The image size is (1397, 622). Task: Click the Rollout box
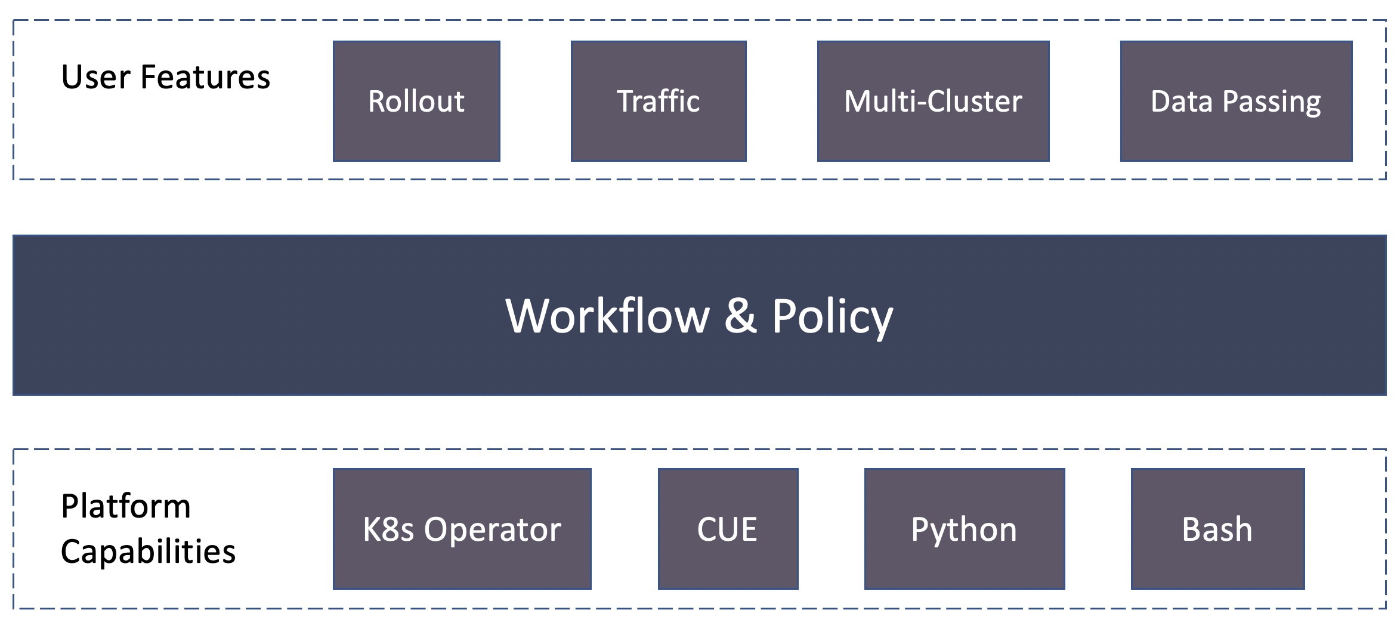[416, 101]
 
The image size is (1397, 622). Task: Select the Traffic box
[659, 101]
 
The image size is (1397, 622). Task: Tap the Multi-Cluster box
[933, 101]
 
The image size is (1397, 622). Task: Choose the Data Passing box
[1236, 101]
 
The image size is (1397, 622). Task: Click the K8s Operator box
[462, 529]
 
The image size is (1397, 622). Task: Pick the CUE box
[728, 529]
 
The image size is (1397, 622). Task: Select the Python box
[965, 529]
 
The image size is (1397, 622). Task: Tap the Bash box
[1217, 529]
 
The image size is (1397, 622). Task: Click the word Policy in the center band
[833, 318]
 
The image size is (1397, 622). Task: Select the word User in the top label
[95, 77]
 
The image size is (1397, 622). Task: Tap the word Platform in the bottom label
[126, 506]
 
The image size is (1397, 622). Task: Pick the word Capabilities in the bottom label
[149, 552]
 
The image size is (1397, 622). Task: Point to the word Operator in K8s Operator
[493, 530]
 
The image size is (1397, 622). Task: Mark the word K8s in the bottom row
[388, 529]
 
